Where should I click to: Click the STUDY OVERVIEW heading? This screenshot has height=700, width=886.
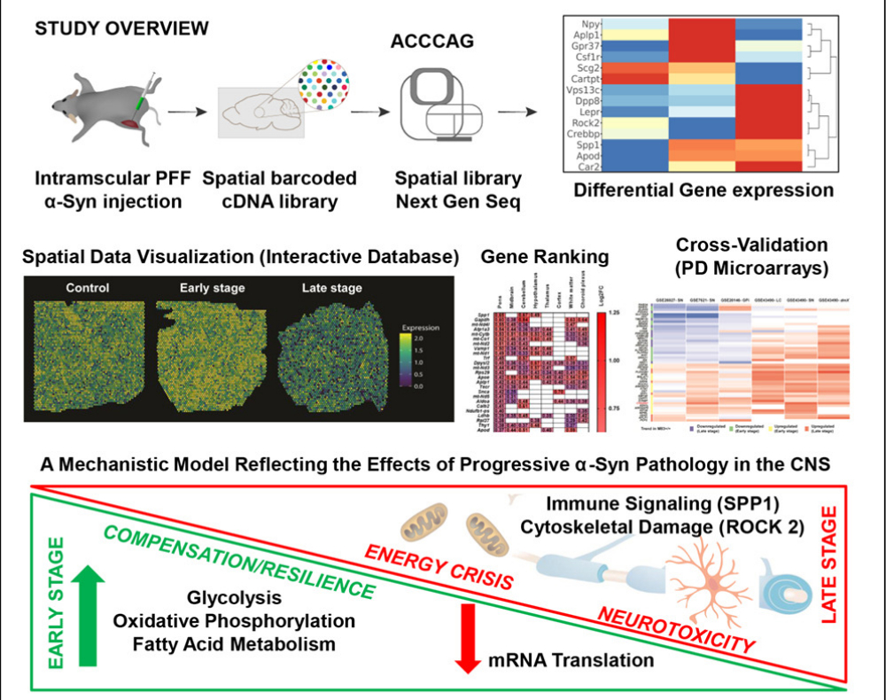pyautogui.click(x=122, y=28)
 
